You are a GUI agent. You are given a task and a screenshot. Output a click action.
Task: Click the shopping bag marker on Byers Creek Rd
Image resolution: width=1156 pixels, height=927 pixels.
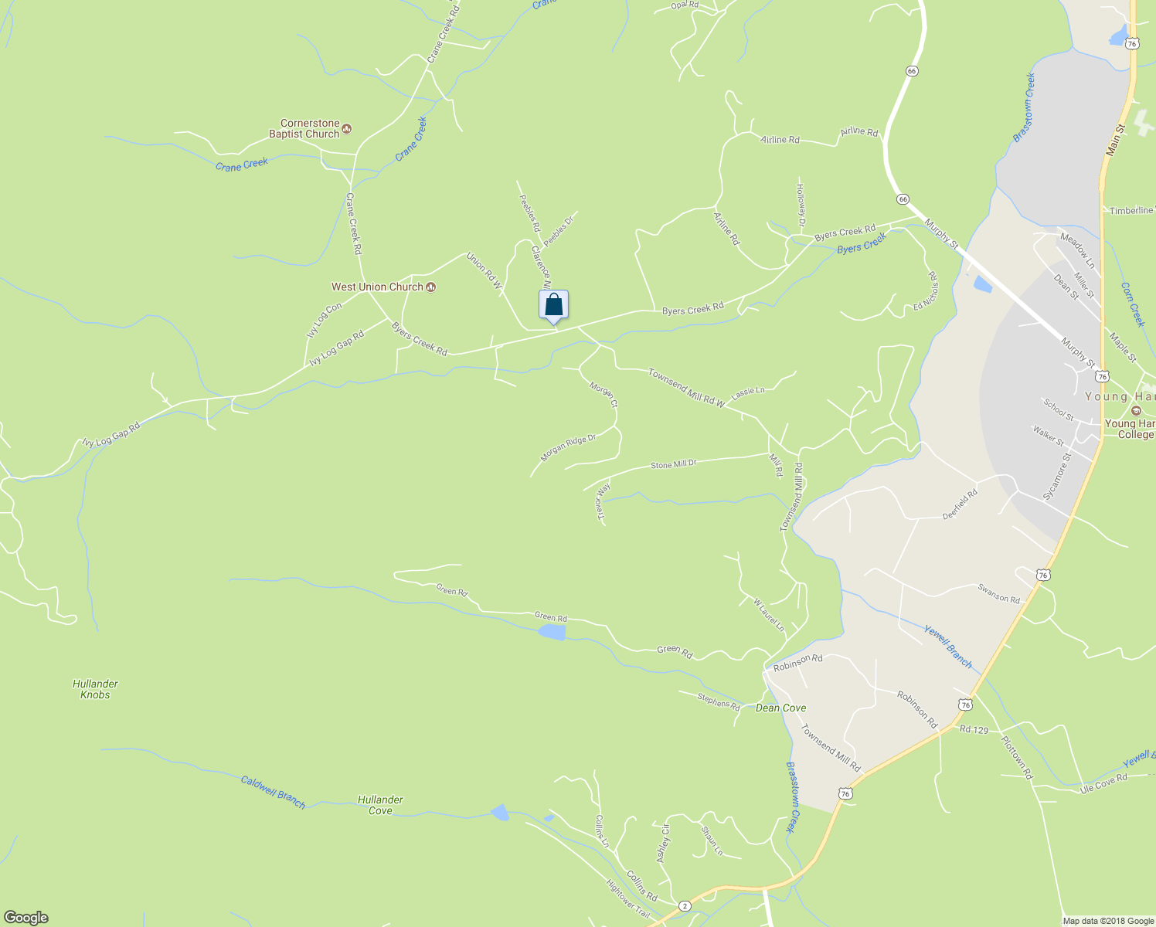[x=553, y=306]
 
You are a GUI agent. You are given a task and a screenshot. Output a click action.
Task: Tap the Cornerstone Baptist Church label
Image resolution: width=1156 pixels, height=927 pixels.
[x=310, y=128]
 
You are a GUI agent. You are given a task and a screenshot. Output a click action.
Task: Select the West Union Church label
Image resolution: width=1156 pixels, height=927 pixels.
[x=378, y=287]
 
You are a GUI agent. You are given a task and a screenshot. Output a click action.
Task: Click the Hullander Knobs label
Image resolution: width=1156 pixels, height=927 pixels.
[x=95, y=689]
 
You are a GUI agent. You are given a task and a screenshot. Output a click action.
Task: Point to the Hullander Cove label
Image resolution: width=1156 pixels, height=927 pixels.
[x=380, y=805]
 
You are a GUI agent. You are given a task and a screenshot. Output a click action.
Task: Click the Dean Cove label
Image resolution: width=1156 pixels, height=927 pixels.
[x=780, y=708]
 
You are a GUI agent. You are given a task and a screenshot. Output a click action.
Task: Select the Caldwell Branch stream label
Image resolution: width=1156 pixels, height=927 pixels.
[x=273, y=792]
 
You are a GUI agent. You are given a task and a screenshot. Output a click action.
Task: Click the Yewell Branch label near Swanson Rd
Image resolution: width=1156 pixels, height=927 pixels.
[x=948, y=646]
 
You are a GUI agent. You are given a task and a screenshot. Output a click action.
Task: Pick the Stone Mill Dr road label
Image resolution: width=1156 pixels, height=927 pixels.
[x=673, y=465]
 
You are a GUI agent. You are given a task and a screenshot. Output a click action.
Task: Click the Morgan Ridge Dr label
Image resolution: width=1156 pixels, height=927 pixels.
[x=568, y=448]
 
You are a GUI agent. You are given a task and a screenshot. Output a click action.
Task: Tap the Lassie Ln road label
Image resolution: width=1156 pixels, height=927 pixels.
[x=747, y=392]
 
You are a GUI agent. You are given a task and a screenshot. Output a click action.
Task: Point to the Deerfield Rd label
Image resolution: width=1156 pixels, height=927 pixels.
[x=960, y=504]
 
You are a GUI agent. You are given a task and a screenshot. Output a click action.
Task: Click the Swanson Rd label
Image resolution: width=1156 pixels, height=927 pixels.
[x=998, y=593]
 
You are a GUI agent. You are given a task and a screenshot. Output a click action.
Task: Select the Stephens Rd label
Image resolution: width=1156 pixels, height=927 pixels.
[x=719, y=702]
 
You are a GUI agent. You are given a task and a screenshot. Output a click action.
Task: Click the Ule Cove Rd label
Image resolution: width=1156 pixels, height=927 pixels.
[x=1103, y=782]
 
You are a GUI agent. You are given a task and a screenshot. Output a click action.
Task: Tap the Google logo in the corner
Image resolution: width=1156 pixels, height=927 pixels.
[x=26, y=918]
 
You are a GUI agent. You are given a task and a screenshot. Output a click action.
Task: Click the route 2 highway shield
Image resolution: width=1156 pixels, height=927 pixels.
[x=684, y=905]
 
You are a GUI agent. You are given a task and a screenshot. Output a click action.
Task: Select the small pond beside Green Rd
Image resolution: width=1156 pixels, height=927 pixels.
[x=552, y=632]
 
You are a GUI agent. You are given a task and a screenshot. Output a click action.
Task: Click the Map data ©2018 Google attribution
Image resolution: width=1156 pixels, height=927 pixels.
[x=1108, y=921]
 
